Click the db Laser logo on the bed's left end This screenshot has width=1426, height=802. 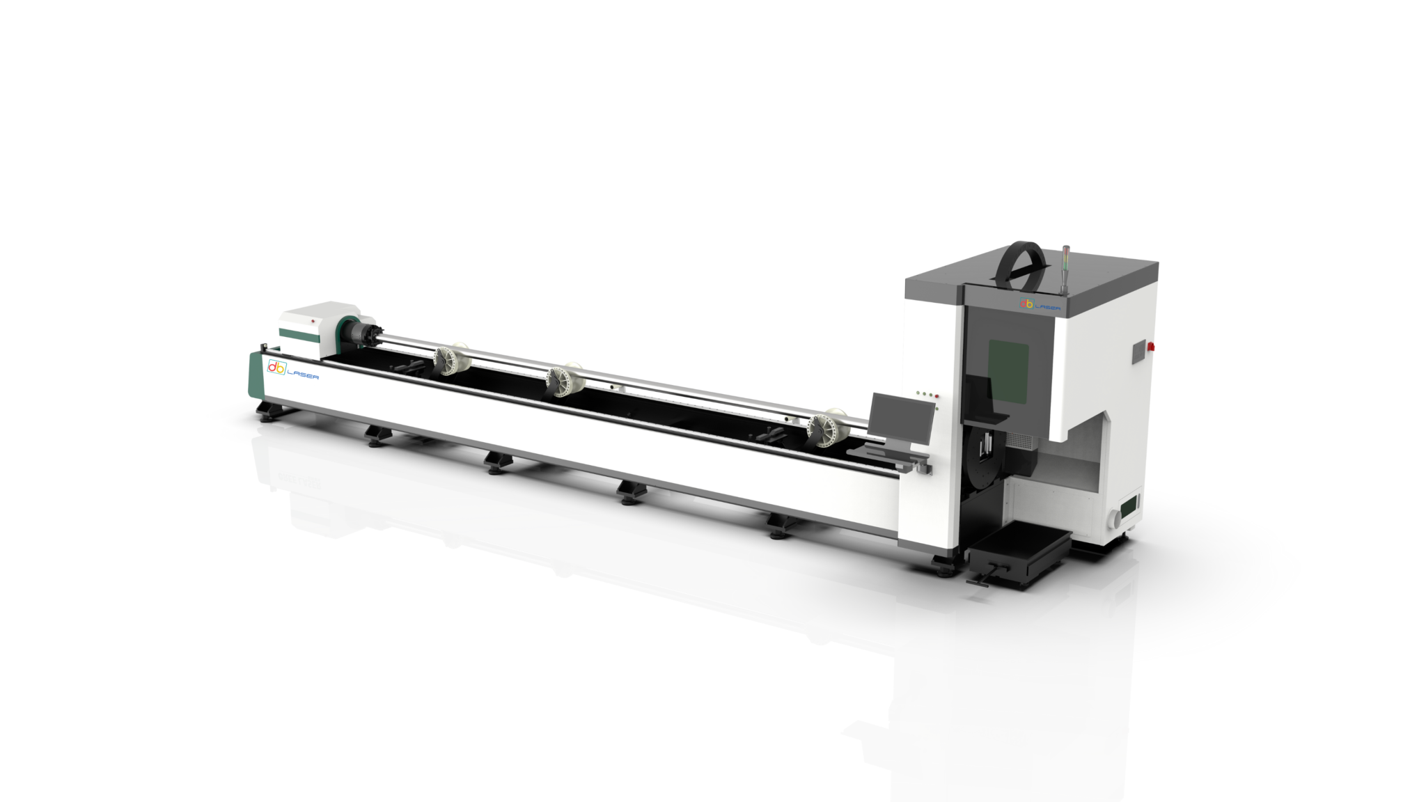[293, 370]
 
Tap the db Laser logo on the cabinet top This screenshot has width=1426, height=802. [1040, 304]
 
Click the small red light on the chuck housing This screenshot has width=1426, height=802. [313, 321]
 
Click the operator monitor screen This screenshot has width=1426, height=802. [903, 419]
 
